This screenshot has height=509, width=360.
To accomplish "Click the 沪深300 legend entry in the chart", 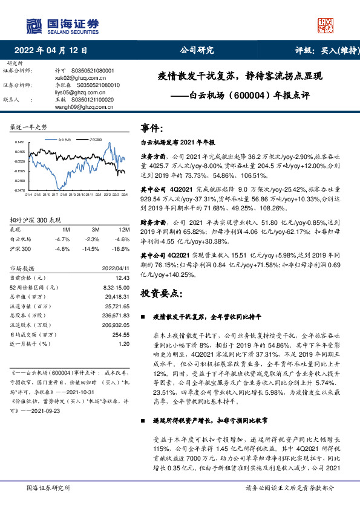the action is click(x=94, y=139).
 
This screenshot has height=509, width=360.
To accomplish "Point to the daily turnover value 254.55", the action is click(x=121, y=334).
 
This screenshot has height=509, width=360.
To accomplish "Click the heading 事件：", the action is click(x=152, y=128).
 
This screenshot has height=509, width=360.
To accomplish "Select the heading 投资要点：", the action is click(x=161, y=293).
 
